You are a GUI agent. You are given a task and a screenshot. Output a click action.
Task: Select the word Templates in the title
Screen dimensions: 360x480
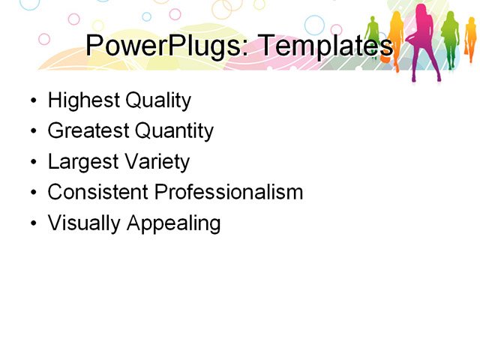(x=319, y=46)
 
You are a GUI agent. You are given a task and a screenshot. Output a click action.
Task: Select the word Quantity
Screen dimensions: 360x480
(x=174, y=131)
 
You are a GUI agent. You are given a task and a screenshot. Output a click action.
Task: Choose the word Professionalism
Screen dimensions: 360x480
(x=229, y=192)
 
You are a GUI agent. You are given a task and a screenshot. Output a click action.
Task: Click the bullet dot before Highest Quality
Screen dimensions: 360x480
(x=32, y=101)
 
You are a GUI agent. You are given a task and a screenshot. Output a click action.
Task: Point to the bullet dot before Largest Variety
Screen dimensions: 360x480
(x=32, y=163)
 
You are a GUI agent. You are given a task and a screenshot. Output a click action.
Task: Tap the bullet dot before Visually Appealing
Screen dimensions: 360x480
(x=32, y=224)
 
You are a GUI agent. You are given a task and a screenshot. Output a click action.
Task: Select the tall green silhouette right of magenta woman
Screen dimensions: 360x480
(x=450, y=37)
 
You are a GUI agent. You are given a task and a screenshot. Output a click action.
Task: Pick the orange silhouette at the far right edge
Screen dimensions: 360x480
(x=470, y=41)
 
